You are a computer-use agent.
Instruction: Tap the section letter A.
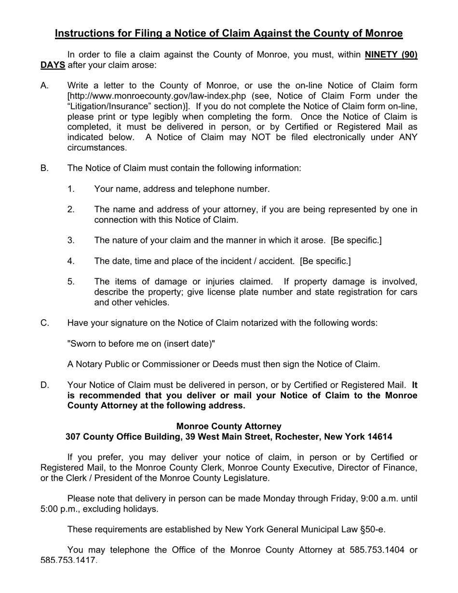click(45, 86)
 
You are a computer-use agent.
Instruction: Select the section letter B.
click(45, 168)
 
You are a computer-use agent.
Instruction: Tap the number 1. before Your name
click(71, 189)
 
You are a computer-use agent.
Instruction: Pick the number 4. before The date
click(71, 261)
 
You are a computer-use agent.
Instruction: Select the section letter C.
click(45, 323)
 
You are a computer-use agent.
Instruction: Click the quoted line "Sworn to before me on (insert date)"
click(141, 344)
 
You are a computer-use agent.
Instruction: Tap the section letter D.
click(45, 385)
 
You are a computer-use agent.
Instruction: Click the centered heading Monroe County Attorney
click(229, 426)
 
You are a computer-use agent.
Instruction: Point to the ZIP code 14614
click(379, 437)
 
